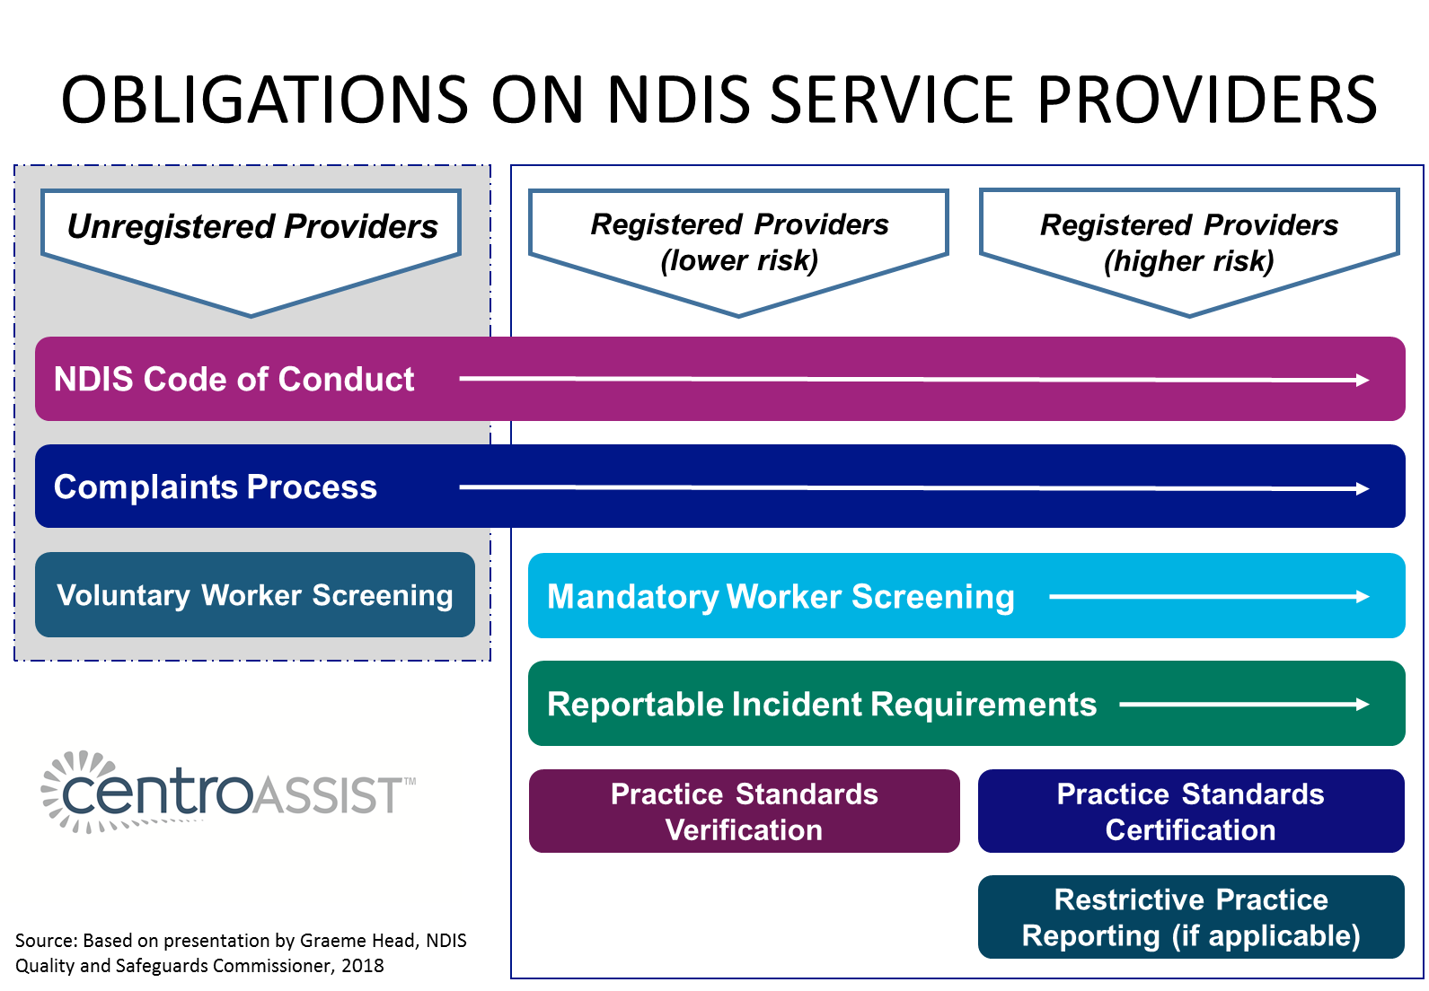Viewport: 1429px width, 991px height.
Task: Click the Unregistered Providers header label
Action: pyautogui.click(x=252, y=227)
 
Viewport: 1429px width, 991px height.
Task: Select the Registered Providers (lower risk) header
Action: pyautogui.click(x=739, y=241)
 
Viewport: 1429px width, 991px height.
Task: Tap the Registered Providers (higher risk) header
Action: pyautogui.click(x=1189, y=242)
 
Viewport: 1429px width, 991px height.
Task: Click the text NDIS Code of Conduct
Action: pyautogui.click(x=234, y=380)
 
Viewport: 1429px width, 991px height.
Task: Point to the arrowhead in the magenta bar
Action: pyautogui.click(x=1363, y=381)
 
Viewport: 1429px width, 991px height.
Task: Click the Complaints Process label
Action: pyautogui.click(x=216, y=487)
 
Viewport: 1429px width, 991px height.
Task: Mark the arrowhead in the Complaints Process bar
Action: pyautogui.click(x=1363, y=488)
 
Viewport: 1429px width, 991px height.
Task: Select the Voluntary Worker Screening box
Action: pyautogui.click(x=255, y=595)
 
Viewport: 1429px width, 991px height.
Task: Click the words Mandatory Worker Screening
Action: pyautogui.click(x=781, y=597)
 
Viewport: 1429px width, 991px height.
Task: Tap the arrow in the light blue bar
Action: pyautogui.click(x=1208, y=596)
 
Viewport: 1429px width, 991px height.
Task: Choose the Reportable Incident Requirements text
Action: pyautogui.click(x=822, y=705)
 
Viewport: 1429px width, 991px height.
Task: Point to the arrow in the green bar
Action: pyautogui.click(x=1244, y=705)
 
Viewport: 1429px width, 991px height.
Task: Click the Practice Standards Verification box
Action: pyautogui.click(x=744, y=811)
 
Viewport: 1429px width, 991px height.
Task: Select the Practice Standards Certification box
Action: pyautogui.click(x=1190, y=811)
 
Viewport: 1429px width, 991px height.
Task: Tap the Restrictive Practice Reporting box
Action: pyautogui.click(x=1190, y=917)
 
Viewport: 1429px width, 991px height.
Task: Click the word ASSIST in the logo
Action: pyautogui.click(x=328, y=796)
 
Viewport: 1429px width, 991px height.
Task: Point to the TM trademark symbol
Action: pyautogui.click(x=410, y=782)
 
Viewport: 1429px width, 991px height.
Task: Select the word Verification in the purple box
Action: pyautogui.click(x=744, y=830)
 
